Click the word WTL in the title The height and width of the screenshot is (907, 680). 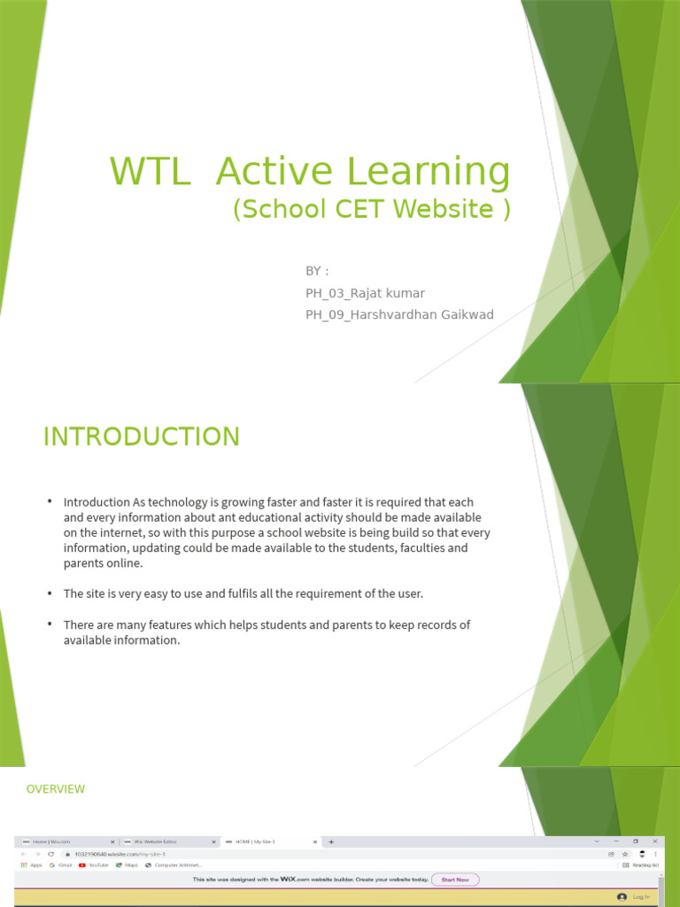[x=150, y=172]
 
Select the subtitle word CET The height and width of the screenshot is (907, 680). [x=360, y=209]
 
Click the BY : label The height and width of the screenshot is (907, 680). [x=317, y=270]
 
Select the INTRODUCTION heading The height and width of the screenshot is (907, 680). [x=142, y=437]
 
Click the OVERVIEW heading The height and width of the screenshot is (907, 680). [x=56, y=788]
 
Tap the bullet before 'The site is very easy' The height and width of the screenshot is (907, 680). [x=50, y=593]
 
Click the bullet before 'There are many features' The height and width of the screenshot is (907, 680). [x=50, y=624]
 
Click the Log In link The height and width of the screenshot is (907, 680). [x=640, y=897]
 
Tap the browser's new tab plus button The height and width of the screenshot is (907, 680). [x=331, y=841]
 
